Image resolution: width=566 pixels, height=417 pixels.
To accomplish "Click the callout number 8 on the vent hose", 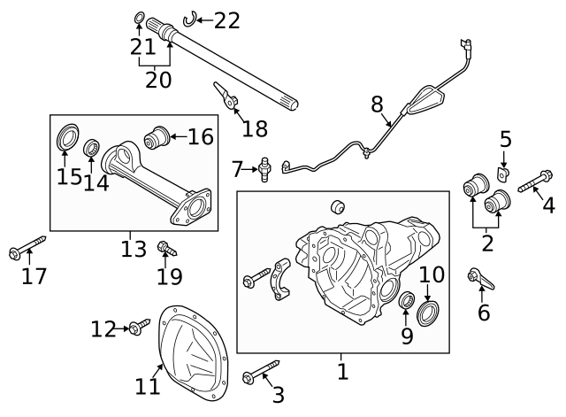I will pos(378,104).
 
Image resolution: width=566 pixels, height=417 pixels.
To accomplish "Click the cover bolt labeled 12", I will pos(135,328).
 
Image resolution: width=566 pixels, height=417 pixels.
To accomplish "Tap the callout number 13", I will pos(134,249).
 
